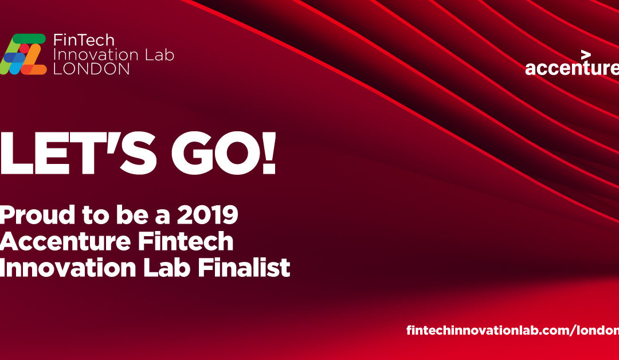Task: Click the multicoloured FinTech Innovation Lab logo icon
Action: click(x=24, y=54)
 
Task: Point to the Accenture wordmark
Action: click(x=571, y=68)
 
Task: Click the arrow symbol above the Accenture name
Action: click(x=585, y=55)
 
